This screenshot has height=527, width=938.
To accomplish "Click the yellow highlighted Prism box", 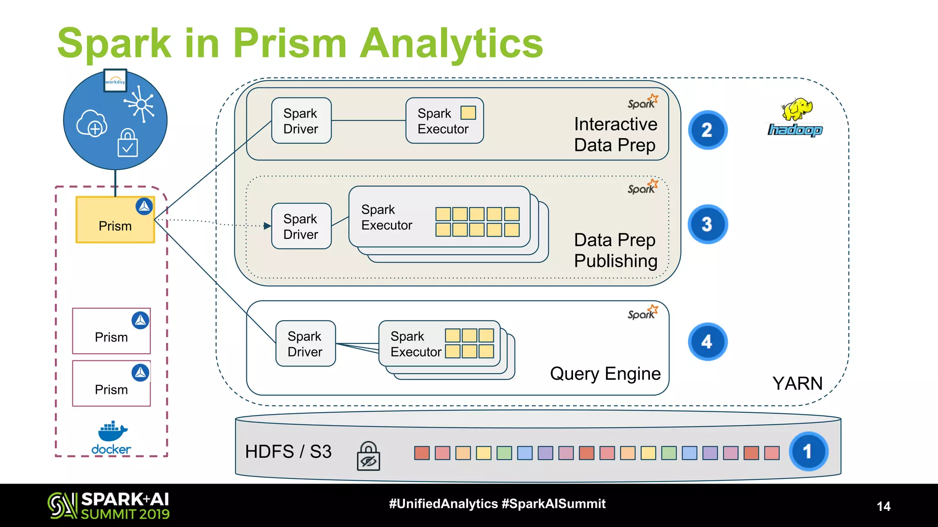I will pyautogui.click(x=115, y=220).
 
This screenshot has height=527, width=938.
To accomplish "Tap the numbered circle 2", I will pyautogui.click(x=707, y=130).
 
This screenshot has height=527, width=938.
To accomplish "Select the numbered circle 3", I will pyautogui.click(x=707, y=224).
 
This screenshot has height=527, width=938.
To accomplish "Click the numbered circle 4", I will pyautogui.click(x=707, y=342).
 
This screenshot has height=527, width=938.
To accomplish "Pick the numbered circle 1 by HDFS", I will pyautogui.click(x=808, y=452).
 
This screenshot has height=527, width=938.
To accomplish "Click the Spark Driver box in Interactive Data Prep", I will pyautogui.click(x=301, y=121).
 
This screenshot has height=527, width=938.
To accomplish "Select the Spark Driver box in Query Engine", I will pyautogui.click(x=305, y=344).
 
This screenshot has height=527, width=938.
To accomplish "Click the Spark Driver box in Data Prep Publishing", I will pyautogui.click(x=301, y=226).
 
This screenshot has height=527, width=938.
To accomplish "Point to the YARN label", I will pyautogui.click(x=797, y=383).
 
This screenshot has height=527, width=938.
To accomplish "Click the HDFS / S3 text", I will pyautogui.click(x=288, y=452).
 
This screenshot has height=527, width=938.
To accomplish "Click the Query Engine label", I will pyautogui.click(x=605, y=374).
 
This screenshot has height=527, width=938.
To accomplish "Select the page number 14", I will pyautogui.click(x=883, y=506).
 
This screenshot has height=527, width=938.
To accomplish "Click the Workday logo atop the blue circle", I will pyautogui.click(x=115, y=81).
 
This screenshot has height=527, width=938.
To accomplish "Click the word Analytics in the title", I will pyautogui.click(x=451, y=43).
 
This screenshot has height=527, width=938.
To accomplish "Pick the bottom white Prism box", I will pyautogui.click(x=111, y=383).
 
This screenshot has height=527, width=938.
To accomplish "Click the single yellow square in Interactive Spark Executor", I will pyautogui.click(x=468, y=113).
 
